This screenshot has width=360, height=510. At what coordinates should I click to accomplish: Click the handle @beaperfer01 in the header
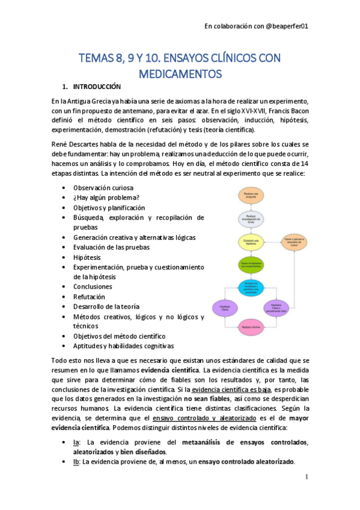(x=287, y=26)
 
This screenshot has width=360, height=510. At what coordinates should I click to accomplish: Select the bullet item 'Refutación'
(x=89, y=296)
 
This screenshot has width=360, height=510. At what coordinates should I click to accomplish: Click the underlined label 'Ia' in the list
(x=76, y=443)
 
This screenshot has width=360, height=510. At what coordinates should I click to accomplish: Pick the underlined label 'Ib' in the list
(x=76, y=462)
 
